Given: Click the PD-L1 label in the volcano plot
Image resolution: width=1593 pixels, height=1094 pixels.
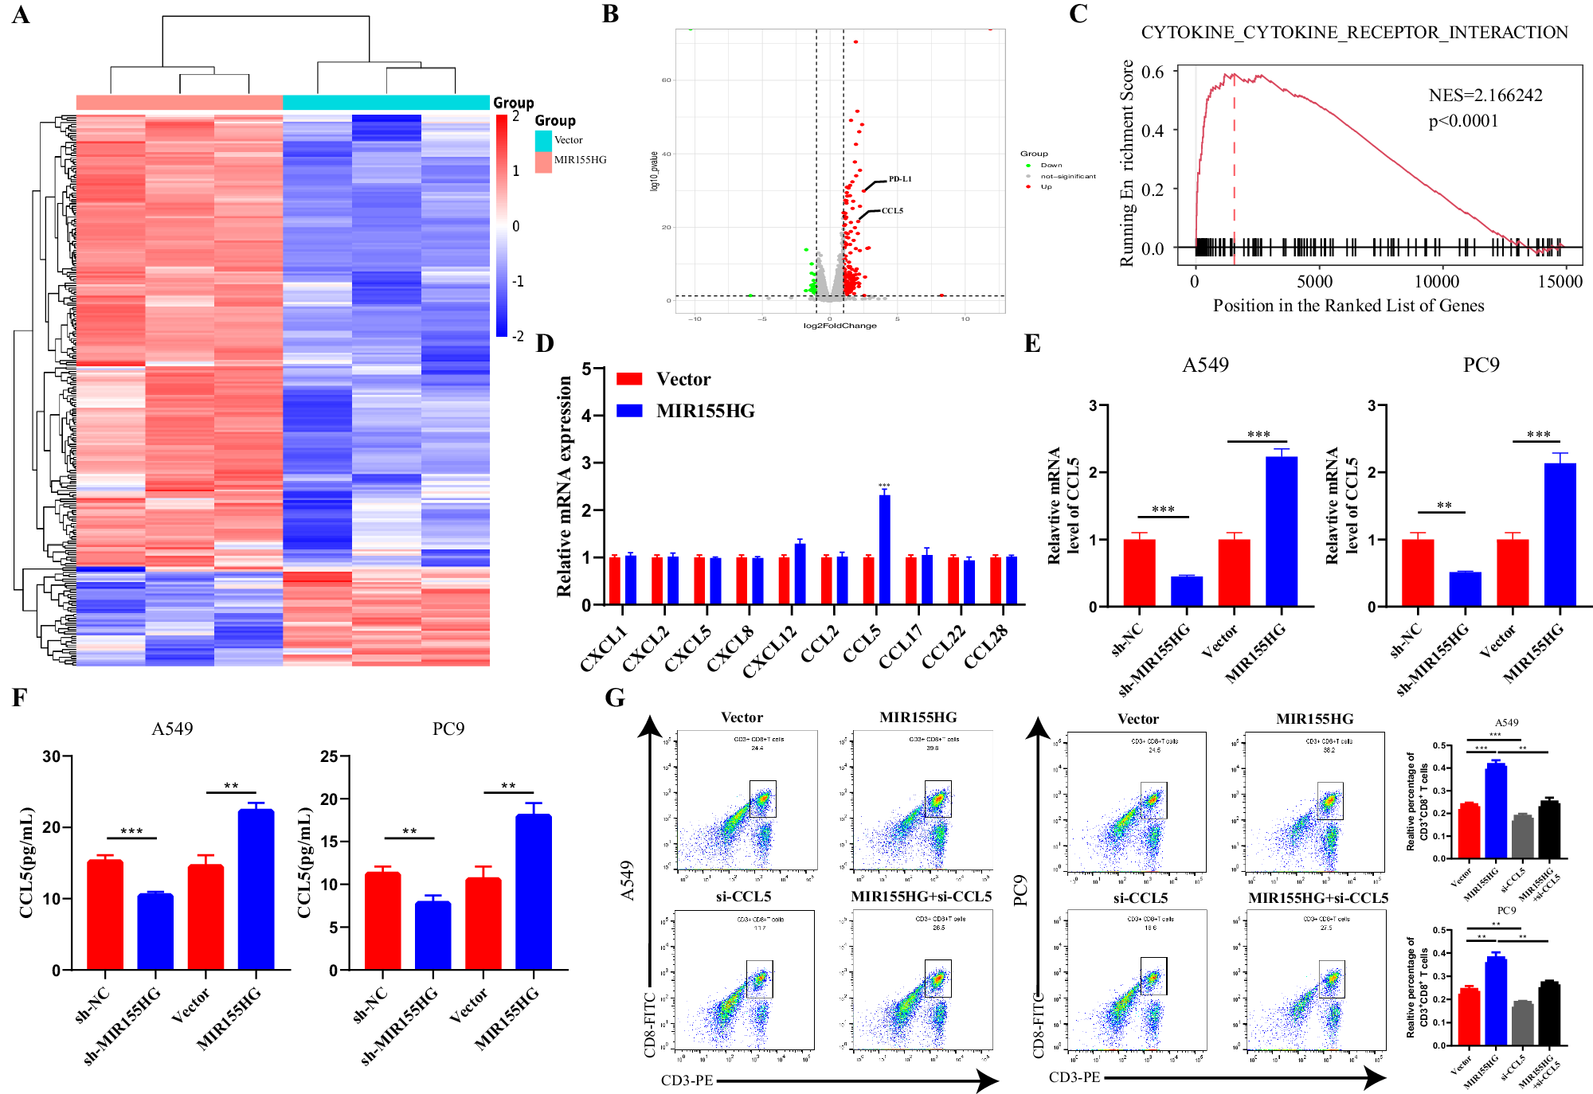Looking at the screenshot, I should click(900, 179).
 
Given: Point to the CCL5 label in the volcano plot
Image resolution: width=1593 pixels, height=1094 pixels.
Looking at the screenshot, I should click(892, 211).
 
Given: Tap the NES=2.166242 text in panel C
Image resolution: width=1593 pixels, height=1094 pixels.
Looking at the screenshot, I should click(1485, 96).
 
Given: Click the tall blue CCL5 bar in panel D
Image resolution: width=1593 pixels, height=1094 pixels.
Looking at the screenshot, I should click(884, 549).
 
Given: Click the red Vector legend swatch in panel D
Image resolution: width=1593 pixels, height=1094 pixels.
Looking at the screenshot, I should click(629, 379).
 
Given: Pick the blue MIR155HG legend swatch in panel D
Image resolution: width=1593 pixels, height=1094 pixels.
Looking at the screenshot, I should click(629, 411).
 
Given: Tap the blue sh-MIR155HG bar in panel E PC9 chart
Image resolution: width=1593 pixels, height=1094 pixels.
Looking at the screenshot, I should click(1465, 589).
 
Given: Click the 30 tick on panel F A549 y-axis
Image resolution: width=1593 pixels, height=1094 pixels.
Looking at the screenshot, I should click(52, 756).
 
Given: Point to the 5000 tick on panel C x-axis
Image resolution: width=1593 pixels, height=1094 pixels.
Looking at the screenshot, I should click(1314, 282).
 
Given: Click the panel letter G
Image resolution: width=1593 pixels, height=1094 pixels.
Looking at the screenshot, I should click(615, 697).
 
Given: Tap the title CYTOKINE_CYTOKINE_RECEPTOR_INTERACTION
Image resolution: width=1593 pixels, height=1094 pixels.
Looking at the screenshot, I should click(1354, 33).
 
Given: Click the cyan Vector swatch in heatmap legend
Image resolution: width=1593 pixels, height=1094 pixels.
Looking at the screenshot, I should click(543, 140).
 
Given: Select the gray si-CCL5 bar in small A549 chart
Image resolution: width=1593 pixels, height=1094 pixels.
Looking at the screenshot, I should click(1522, 837).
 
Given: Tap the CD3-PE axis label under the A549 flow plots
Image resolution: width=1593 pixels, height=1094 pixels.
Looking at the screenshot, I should click(687, 1080).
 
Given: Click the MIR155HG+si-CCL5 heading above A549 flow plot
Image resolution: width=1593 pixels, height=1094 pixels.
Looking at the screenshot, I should click(921, 897).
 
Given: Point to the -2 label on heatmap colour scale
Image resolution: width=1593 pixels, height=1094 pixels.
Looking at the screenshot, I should click(518, 336).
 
